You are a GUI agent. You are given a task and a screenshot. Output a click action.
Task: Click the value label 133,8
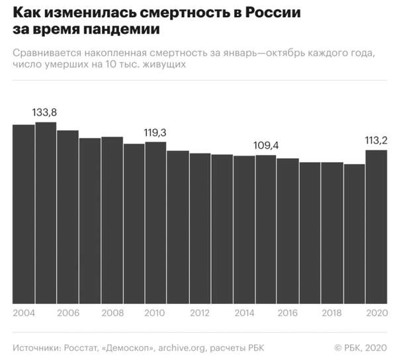point(45,112)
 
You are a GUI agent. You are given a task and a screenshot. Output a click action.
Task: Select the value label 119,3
point(155,132)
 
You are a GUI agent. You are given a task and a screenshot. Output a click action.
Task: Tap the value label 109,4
point(265,145)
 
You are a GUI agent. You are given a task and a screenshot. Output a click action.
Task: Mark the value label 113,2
point(375,140)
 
